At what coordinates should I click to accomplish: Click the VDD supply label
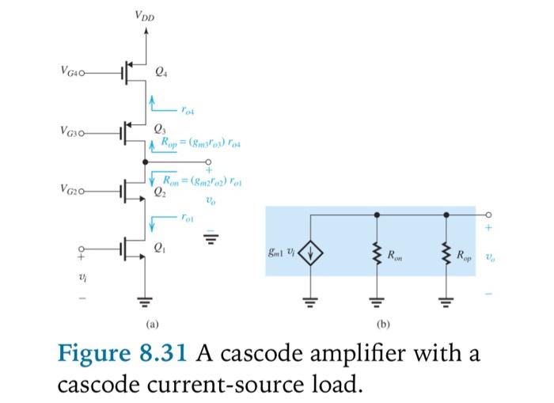(x=144, y=16)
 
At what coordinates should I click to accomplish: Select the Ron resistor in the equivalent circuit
(x=377, y=255)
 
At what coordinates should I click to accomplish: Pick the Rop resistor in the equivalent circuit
(x=446, y=255)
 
